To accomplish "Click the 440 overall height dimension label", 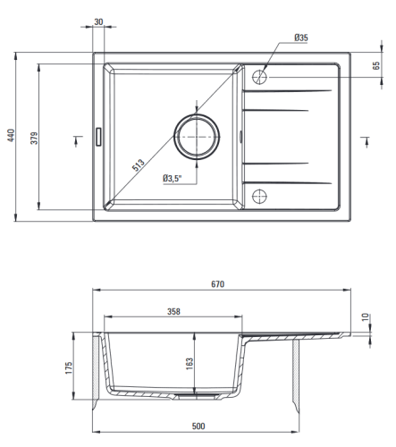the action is (x=11, y=135).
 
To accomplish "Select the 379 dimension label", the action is (x=35, y=139).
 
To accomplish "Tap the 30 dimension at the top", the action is (x=98, y=21).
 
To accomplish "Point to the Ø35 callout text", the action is (x=301, y=38).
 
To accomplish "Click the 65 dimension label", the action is (x=376, y=65).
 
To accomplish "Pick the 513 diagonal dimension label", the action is (x=139, y=165).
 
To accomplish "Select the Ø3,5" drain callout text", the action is (x=173, y=179).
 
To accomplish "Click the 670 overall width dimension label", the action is (x=218, y=284).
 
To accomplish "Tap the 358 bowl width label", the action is (x=173, y=311).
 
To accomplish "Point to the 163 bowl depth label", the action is (x=190, y=364).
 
